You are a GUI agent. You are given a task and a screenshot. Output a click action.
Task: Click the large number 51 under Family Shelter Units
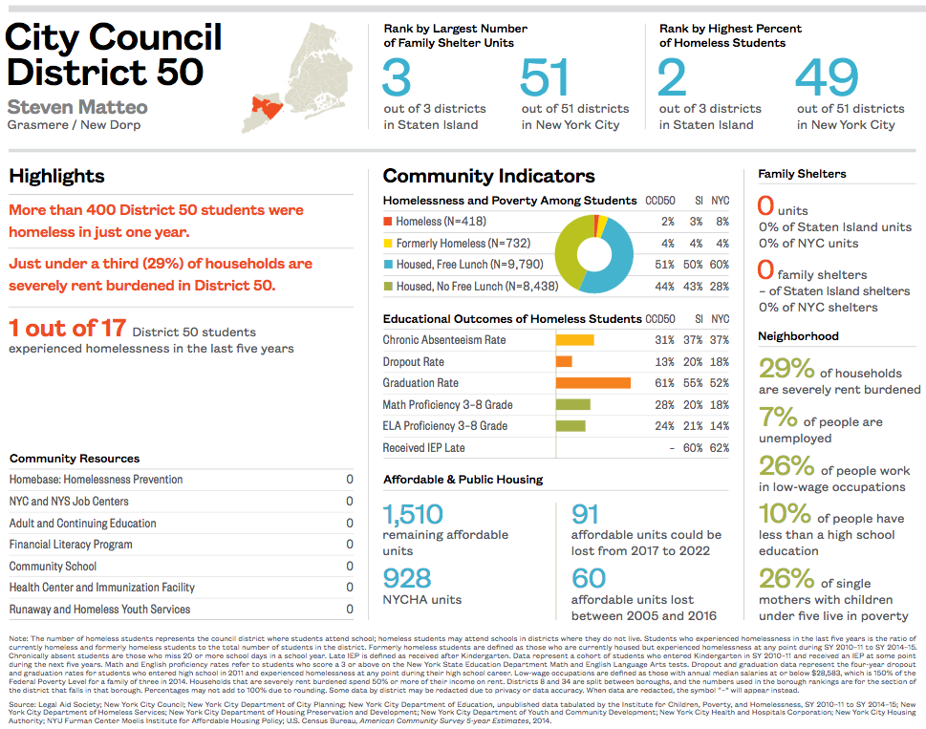click(x=545, y=78)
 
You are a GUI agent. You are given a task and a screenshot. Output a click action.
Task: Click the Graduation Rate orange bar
click(x=592, y=383)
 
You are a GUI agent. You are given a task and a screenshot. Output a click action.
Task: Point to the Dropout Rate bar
click(x=564, y=362)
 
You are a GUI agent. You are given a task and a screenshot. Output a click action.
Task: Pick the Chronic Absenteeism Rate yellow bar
click(x=574, y=340)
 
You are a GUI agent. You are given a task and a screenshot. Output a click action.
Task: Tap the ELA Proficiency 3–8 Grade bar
click(x=571, y=426)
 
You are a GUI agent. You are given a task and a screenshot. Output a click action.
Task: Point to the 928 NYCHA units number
click(x=407, y=579)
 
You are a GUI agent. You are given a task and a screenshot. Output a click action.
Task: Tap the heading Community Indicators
click(x=488, y=176)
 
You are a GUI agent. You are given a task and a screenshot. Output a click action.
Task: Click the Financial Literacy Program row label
click(x=71, y=545)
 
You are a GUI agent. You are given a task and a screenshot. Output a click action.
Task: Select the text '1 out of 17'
click(x=67, y=329)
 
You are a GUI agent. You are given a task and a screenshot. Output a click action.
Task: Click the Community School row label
click(x=54, y=567)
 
